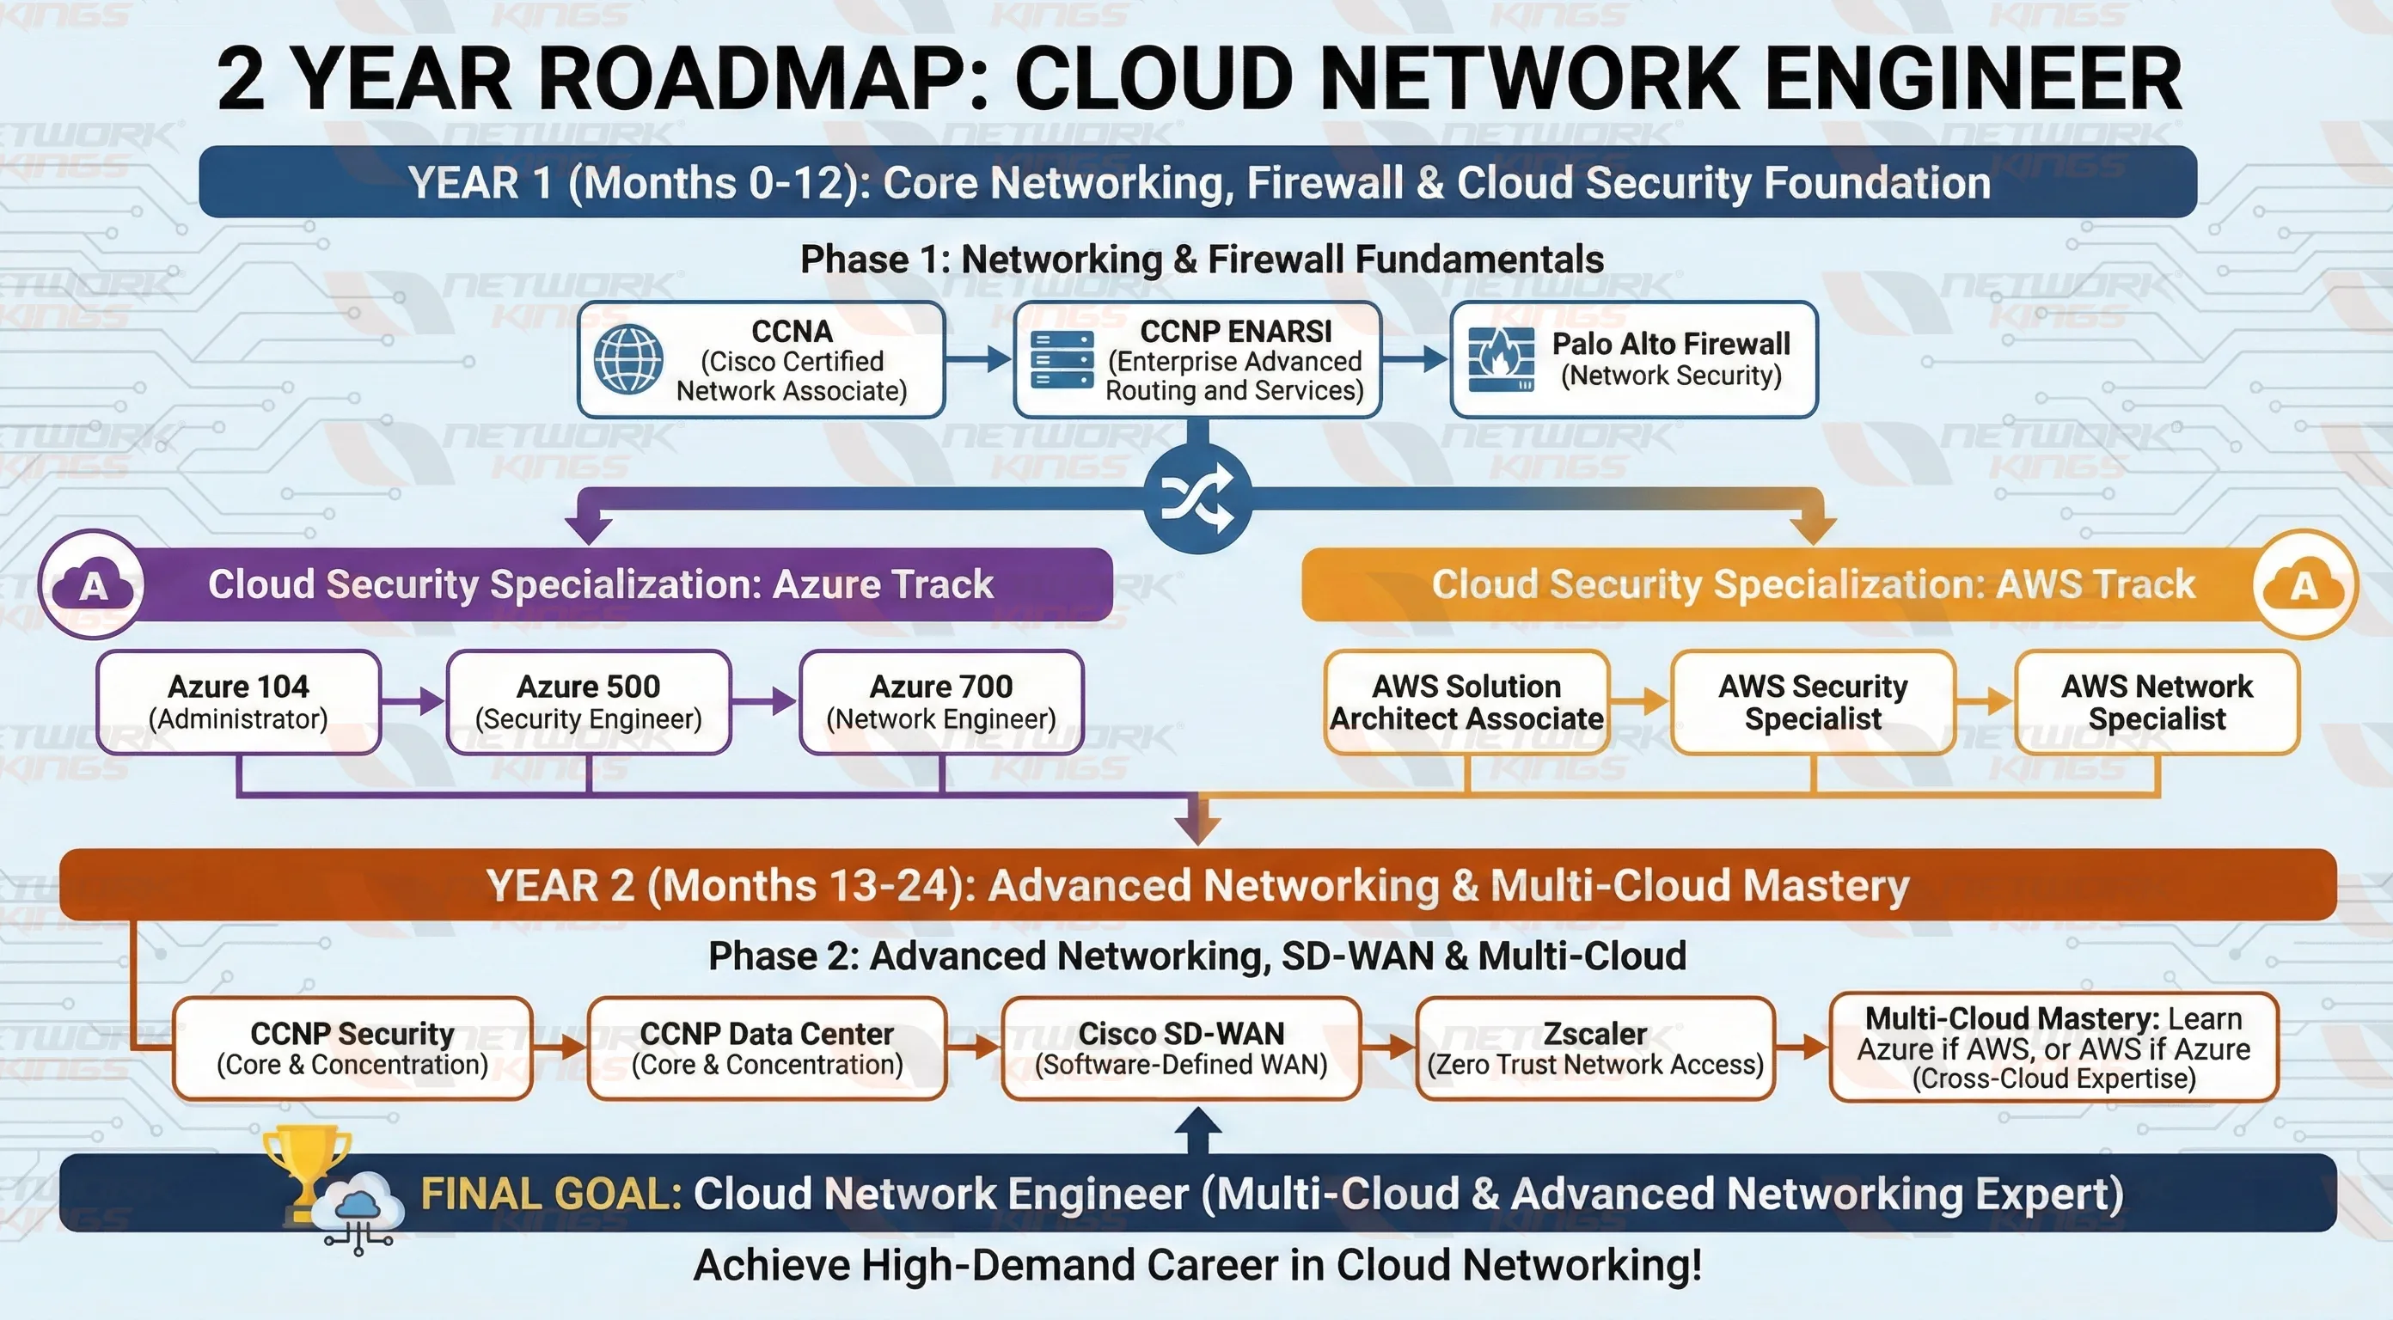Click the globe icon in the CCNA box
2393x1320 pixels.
pos(628,358)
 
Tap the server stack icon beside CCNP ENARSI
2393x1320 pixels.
pos(1062,359)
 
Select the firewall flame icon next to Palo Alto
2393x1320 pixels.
pos(1500,359)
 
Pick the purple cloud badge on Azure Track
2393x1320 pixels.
pos(93,584)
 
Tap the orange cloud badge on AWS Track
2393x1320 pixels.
pos(2304,584)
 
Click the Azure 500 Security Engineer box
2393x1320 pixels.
pos(588,701)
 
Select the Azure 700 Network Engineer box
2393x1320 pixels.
pos(941,701)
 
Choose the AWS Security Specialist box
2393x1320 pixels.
pos(1813,701)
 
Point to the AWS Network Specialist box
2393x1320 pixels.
pos(2156,701)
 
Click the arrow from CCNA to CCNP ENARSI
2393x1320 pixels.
pos(978,358)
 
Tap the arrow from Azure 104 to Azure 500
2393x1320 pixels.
pos(413,701)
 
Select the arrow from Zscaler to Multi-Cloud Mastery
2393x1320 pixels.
pos(1802,1048)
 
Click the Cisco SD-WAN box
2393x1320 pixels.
pos(1181,1048)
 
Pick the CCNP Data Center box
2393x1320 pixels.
pos(767,1048)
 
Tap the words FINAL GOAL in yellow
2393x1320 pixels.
pos(552,1194)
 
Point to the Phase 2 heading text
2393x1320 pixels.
pos(1196,956)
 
